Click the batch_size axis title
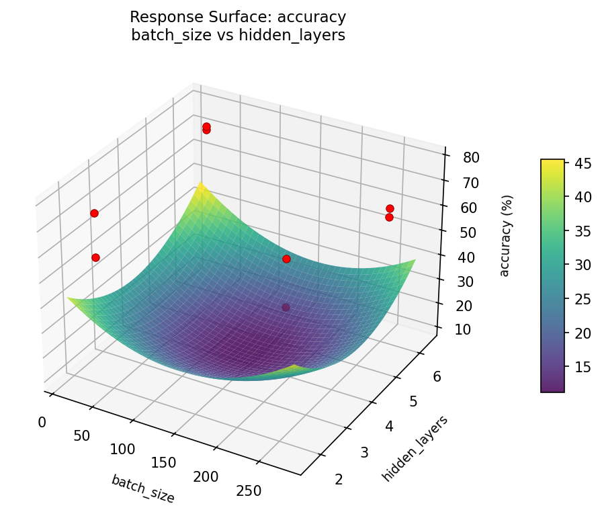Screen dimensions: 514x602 tap(142, 488)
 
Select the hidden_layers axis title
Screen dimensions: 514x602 tap(415, 448)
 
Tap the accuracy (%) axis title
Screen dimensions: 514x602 tap(505, 235)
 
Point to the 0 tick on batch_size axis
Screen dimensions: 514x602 tap(42, 422)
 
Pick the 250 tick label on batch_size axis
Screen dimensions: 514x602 tap(248, 491)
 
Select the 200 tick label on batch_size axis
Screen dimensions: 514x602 tap(206, 476)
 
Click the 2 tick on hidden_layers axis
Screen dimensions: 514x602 tap(338, 478)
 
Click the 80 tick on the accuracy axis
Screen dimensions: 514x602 tap(471, 158)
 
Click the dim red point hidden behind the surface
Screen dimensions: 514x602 tap(286, 307)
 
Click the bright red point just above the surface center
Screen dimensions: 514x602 tap(286, 259)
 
